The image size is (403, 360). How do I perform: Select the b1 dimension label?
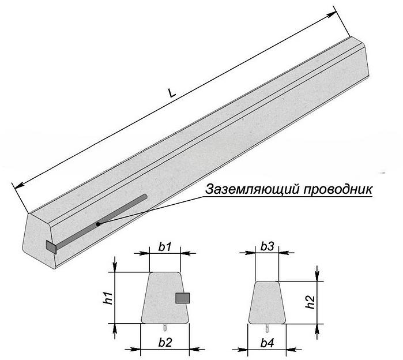click(165, 246)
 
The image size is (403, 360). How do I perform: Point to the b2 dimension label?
click(165, 342)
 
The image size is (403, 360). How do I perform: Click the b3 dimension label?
click(267, 246)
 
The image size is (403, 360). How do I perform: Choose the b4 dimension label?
click(267, 342)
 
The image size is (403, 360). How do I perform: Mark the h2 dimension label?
click(310, 302)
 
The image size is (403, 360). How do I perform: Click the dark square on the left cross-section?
click(183, 298)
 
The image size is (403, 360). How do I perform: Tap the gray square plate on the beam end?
click(51, 247)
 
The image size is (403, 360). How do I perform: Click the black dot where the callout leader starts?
click(99, 223)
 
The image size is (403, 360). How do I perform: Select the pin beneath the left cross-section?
click(166, 327)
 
